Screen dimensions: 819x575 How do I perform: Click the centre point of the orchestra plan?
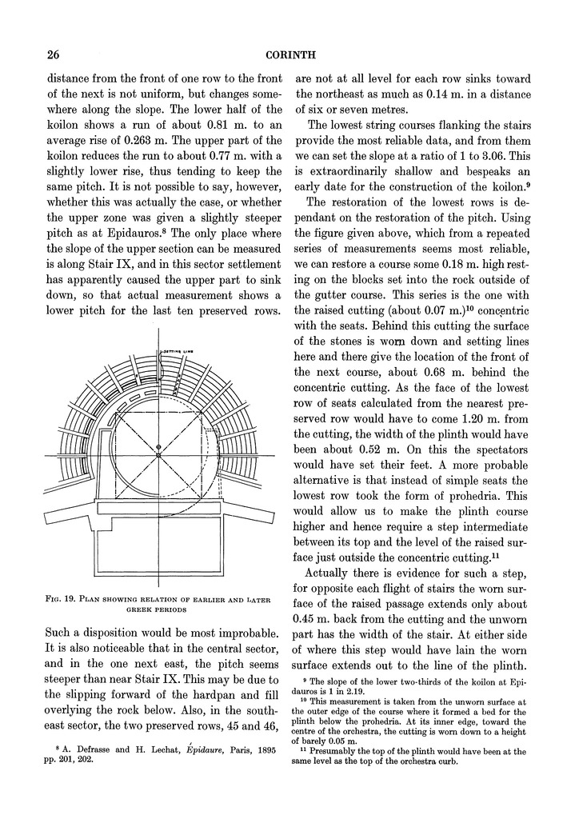(158, 455)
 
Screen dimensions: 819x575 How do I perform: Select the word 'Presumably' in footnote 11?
(339, 752)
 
